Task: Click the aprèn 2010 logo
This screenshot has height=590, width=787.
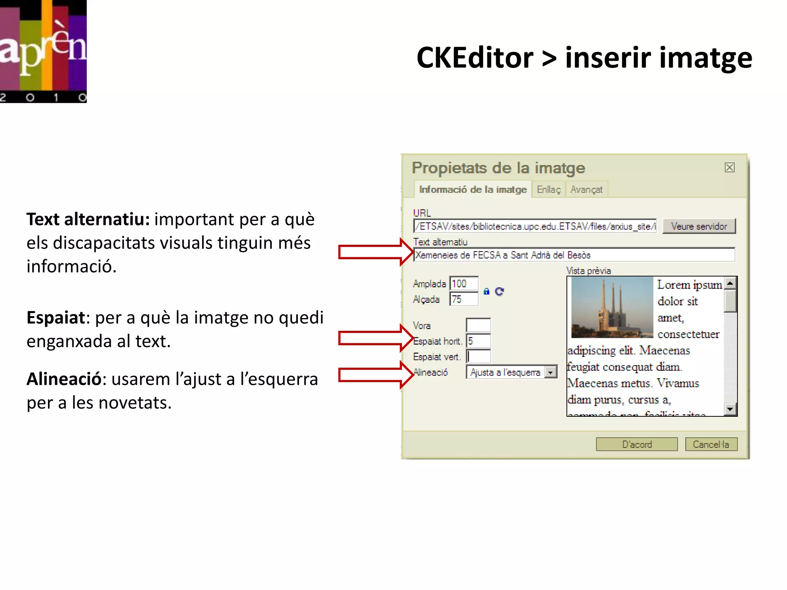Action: (x=43, y=51)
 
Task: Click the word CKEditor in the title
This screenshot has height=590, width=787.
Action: (x=475, y=58)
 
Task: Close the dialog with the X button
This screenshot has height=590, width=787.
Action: (x=729, y=167)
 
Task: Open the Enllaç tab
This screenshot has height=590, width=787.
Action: (x=548, y=189)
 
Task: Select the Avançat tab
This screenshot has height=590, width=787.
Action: (x=586, y=189)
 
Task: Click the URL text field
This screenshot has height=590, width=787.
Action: (x=535, y=226)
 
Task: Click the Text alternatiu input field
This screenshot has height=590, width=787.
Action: (x=574, y=255)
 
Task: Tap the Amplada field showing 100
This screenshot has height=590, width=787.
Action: (x=464, y=283)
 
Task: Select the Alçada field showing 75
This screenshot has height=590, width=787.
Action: (x=464, y=299)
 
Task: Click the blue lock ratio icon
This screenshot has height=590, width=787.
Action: (x=486, y=292)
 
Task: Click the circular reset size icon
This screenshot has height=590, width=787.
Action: (x=499, y=292)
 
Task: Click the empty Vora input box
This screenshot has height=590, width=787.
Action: (x=478, y=325)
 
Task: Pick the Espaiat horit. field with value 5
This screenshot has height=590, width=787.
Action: (x=478, y=341)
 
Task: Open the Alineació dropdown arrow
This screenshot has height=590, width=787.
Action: (x=551, y=372)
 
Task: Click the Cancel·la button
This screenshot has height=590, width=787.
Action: (x=711, y=444)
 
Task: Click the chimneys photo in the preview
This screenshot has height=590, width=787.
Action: (x=612, y=308)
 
